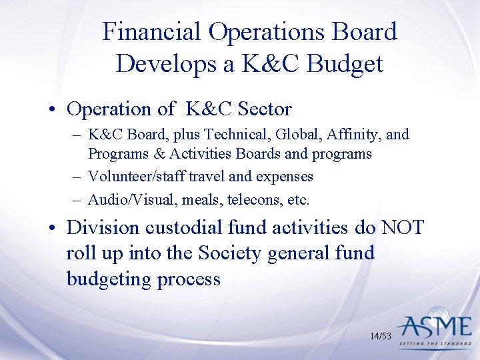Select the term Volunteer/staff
tap(134, 177)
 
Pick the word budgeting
tap(109, 279)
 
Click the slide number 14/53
tap(381, 336)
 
